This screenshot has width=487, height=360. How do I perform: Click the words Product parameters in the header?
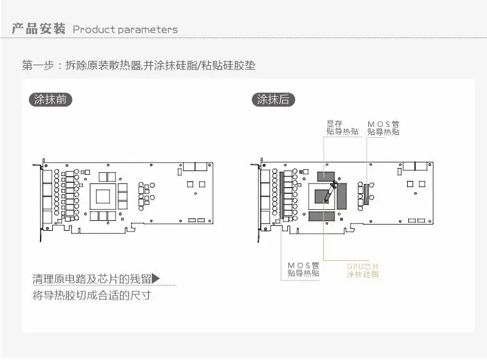pyautogui.click(x=125, y=30)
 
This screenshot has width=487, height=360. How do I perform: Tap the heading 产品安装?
pyautogui.click(x=39, y=29)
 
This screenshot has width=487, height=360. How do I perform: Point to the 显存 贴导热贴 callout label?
pyautogui.click(x=342, y=127)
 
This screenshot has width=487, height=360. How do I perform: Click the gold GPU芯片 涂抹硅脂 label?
pyautogui.click(x=363, y=270)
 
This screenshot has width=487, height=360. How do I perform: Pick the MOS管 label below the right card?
pyautogui.click(x=303, y=269)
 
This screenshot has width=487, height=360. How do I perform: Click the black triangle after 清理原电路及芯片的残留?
pyautogui.click(x=156, y=279)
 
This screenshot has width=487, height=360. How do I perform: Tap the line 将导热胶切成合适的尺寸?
pyautogui.click(x=92, y=296)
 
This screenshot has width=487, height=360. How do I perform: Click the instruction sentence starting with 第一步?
pyautogui.click(x=138, y=65)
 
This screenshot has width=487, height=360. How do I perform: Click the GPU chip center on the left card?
pyautogui.click(x=103, y=197)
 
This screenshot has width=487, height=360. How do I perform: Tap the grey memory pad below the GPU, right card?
pyautogui.click(x=324, y=215)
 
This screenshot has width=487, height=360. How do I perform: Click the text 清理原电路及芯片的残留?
pyautogui.click(x=91, y=279)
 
